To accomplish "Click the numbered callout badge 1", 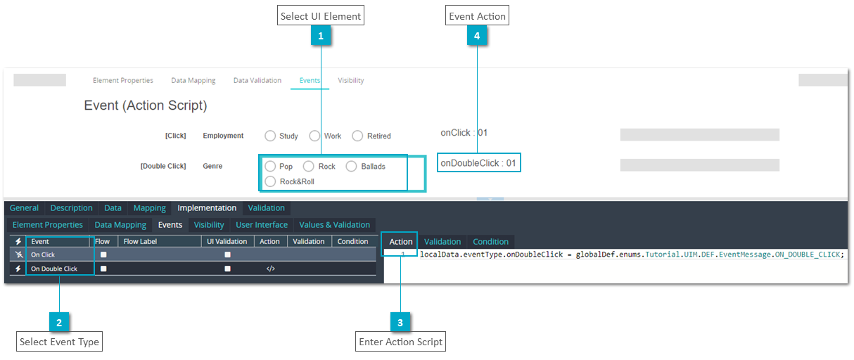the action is click(x=321, y=35).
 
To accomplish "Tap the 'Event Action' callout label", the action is click(x=477, y=15).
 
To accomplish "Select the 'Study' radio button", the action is click(x=270, y=136).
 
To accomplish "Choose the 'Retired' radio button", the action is click(x=357, y=136).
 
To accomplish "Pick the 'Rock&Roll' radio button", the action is click(x=270, y=181).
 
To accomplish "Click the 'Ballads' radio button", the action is click(x=352, y=167).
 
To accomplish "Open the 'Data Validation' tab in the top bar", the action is click(x=257, y=80).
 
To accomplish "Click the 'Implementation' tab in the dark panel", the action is click(x=207, y=208).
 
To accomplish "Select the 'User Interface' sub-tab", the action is click(x=262, y=225).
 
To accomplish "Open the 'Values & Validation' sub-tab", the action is click(x=334, y=225).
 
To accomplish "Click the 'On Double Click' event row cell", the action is click(x=54, y=269).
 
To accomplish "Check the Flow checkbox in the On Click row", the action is click(x=103, y=255).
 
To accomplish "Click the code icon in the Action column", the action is click(x=271, y=269).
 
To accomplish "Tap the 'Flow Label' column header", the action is click(x=140, y=242).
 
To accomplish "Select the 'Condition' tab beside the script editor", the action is click(x=491, y=242).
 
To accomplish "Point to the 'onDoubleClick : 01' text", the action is click(x=478, y=163).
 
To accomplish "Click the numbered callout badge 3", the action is click(x=400, y=322).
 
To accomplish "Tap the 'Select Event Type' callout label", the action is click(x=59, y=342).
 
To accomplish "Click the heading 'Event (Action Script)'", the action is click(x=145, y=105).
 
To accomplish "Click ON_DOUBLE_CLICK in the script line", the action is click(x=808, y=255).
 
